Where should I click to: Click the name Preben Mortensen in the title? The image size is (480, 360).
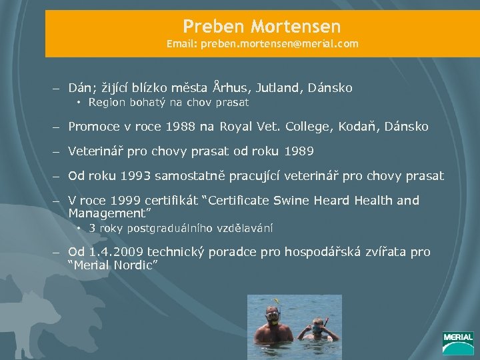(x=261, y=27)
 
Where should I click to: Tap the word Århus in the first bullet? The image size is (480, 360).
(x=228, y=87)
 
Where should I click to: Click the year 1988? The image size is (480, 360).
(x=181, y=126)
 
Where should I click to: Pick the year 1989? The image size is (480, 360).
(x=299, y=151)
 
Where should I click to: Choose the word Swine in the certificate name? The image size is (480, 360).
(x=297, y=201)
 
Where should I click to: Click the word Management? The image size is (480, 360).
(x=107, y=214)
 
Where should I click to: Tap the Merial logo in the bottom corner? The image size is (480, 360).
(x=458, y=343)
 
